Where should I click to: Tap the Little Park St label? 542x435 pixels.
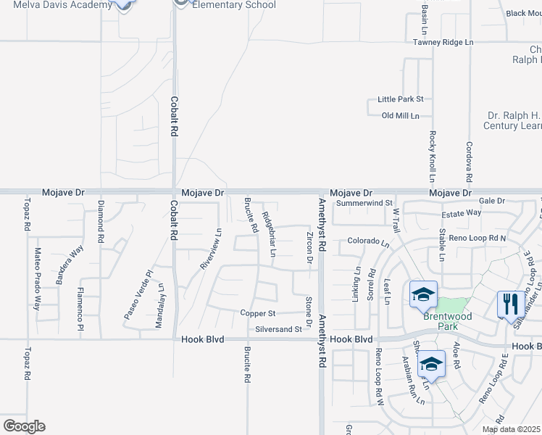(400, 99)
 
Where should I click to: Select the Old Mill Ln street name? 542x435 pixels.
(400, 115)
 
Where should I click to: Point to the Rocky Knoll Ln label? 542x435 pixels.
(432, 156)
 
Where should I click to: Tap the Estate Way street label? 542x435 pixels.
(462, 212)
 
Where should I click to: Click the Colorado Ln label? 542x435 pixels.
(364, 241)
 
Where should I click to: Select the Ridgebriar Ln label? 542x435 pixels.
(269, 233)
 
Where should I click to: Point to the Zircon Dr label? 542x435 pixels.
(309, 248)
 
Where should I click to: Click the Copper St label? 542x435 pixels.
(258, 313)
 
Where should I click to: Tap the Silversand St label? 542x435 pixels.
(278, 329)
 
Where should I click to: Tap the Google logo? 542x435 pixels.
(24, 426)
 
